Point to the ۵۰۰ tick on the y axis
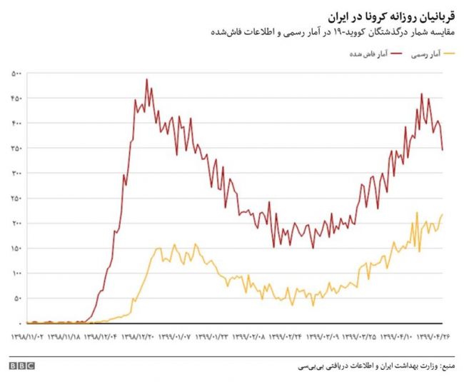[x=17, y=74]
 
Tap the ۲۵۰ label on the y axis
[x=17, y=198]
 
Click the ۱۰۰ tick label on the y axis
[x=17, y=273]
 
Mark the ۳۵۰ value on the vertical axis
[x=17, y=148]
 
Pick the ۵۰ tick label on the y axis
[x=19, y=298]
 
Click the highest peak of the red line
[x=147, y=79]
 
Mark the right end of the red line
[x=443, y=150]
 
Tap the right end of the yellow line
[x=443, y=214]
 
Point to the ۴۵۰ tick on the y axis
[x=17, y=99]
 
